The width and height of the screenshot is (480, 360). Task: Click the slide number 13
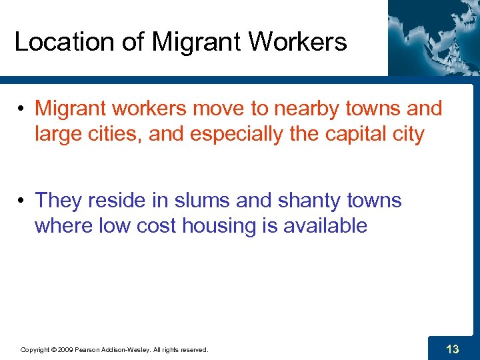click(x=452, y=348)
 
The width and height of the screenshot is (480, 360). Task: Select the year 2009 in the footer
click(x=65, y=349)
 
